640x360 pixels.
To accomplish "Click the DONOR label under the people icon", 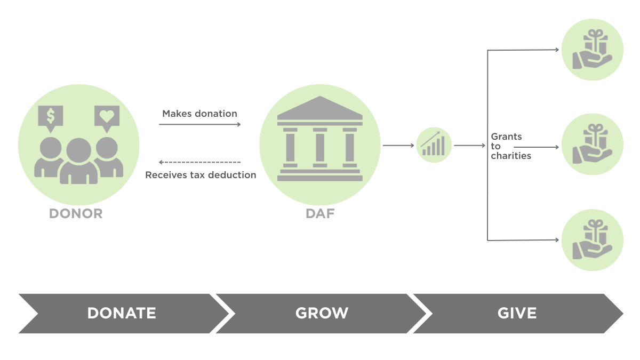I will tap(76, 214).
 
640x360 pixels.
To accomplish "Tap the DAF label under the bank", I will tap(320, 214).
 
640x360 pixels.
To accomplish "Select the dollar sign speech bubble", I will tap(51, 117).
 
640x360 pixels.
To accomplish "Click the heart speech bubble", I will tap(107, 117).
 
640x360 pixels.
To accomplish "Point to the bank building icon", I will tap(320, 140).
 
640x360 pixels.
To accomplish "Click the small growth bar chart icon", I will tap(434, 145).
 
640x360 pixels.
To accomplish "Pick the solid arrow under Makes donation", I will tap(200, 125).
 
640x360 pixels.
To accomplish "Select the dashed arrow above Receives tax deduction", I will tap(200, 162).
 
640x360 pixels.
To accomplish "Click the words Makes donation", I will tap(199, 114).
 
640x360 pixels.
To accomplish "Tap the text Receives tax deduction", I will tap(201, 175).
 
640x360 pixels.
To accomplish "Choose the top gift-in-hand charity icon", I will tap(592, 50).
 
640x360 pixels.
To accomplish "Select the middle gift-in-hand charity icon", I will tap(592, 145).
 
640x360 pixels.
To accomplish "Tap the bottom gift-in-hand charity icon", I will tap(592, 240).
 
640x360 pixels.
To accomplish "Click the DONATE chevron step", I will tap(122, 313).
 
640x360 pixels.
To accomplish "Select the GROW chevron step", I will tap(322, 313).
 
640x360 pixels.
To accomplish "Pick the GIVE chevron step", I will tap(517, 313).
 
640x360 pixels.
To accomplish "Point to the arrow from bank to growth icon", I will tap(398, 145).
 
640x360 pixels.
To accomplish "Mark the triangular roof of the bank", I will tap(320, 107).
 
